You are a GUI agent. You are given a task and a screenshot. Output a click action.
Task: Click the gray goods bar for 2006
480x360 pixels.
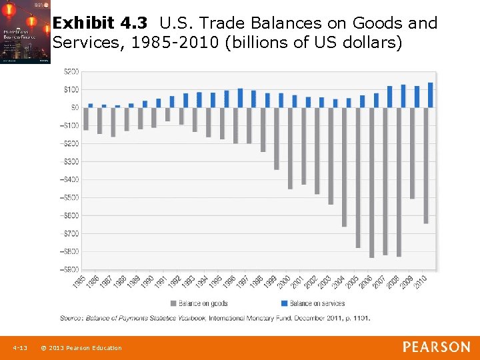pos(371,182)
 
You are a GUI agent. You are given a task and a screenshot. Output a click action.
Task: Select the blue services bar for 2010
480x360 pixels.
pos(430,95)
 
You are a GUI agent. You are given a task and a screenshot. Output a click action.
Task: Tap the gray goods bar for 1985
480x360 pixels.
pos(86,119)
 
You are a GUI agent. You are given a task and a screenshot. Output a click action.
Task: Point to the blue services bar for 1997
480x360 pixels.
pos(253,99)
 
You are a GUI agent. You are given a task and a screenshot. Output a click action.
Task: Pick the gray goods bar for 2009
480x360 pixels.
pos(412,153)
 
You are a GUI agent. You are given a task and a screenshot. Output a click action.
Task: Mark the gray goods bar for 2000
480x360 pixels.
pos(290,148)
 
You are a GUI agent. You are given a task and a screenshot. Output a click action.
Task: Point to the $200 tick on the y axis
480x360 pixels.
pos(71,71)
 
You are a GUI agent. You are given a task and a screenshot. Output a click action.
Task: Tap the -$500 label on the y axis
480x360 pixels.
pos(69,197)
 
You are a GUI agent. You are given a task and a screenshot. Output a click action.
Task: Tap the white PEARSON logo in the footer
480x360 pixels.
pos(437,347)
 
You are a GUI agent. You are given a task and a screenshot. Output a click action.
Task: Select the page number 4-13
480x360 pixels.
pos(19,348)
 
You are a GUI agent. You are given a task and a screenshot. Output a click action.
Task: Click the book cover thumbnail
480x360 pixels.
pos(25,32)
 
